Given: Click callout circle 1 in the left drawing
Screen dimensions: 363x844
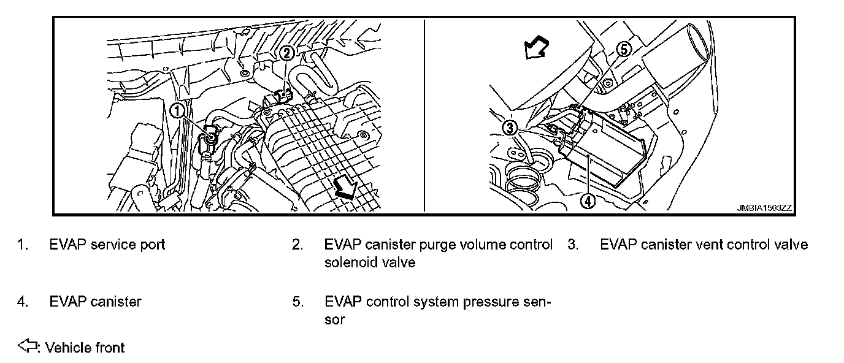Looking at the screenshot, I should point(177,110).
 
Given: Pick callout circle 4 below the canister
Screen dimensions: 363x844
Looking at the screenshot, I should point(587,200).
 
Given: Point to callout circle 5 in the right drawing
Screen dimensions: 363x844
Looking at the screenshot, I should point(623,50).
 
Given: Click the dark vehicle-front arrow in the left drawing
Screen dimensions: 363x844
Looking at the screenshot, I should point(347,189).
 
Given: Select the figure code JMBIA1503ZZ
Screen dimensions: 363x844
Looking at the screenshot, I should point(764,208).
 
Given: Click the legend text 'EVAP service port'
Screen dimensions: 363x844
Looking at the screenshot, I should point(107,245).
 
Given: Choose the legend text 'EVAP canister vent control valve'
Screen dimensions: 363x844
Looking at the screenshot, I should point(704,245).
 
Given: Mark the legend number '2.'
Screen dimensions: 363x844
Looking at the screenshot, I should point(297,245).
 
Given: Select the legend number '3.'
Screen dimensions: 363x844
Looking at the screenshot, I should point(573,245).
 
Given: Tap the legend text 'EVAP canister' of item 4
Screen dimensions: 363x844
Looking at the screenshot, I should point(95,302).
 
